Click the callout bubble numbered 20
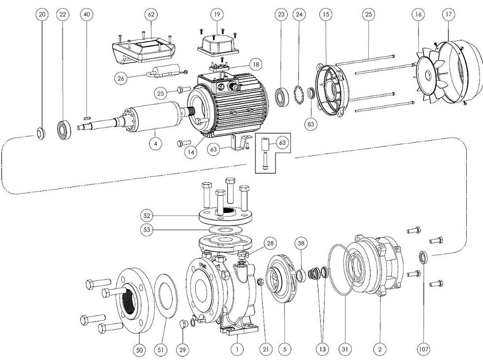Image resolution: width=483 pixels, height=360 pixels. click(x=42, y=15)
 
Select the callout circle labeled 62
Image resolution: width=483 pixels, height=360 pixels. click(x=151, y=15)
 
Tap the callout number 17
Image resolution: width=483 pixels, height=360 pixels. click(x=448, y=15)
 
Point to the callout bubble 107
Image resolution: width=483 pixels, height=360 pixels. click(x=423, y=349)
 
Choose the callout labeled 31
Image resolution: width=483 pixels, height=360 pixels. click(x=345, y=349)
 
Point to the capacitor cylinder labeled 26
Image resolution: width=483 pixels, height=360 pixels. click(x=162, y=73)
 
